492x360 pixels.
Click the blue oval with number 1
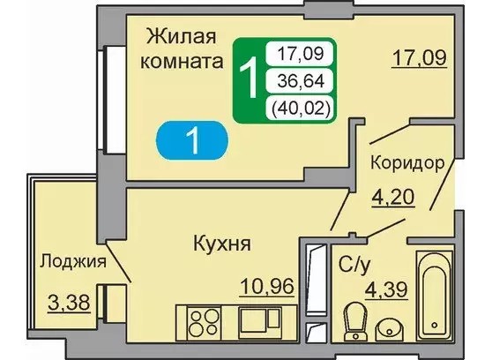click(x=192, y=140)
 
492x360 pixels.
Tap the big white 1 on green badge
click(x=249, y=78)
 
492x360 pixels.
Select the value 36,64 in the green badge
click(x=301, y=82)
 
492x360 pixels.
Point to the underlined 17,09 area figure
click(x=420, y=58)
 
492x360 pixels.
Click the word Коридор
click(x=407, y=163)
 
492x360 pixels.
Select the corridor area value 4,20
click(x=393, y=198)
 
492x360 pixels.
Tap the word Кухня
click(x=222, y=244)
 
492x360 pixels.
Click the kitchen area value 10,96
click(x=267, y=286)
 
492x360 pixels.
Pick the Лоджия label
click(x=73, y=261)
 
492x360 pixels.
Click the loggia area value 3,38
click(x=69, y=303)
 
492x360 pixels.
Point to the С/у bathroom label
click(x=354, y=266)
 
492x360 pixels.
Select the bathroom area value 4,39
click(x=386, y=289)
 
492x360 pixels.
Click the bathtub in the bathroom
click(x=435, y=296)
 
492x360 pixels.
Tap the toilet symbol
click(x=355, y=322)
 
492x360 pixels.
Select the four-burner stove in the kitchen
click(x=204, y=323)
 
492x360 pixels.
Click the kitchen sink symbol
click(x=259, y=322)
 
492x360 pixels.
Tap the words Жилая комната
click(x=182, y=49)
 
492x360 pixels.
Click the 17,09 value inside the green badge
click(x=301, y=54)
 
